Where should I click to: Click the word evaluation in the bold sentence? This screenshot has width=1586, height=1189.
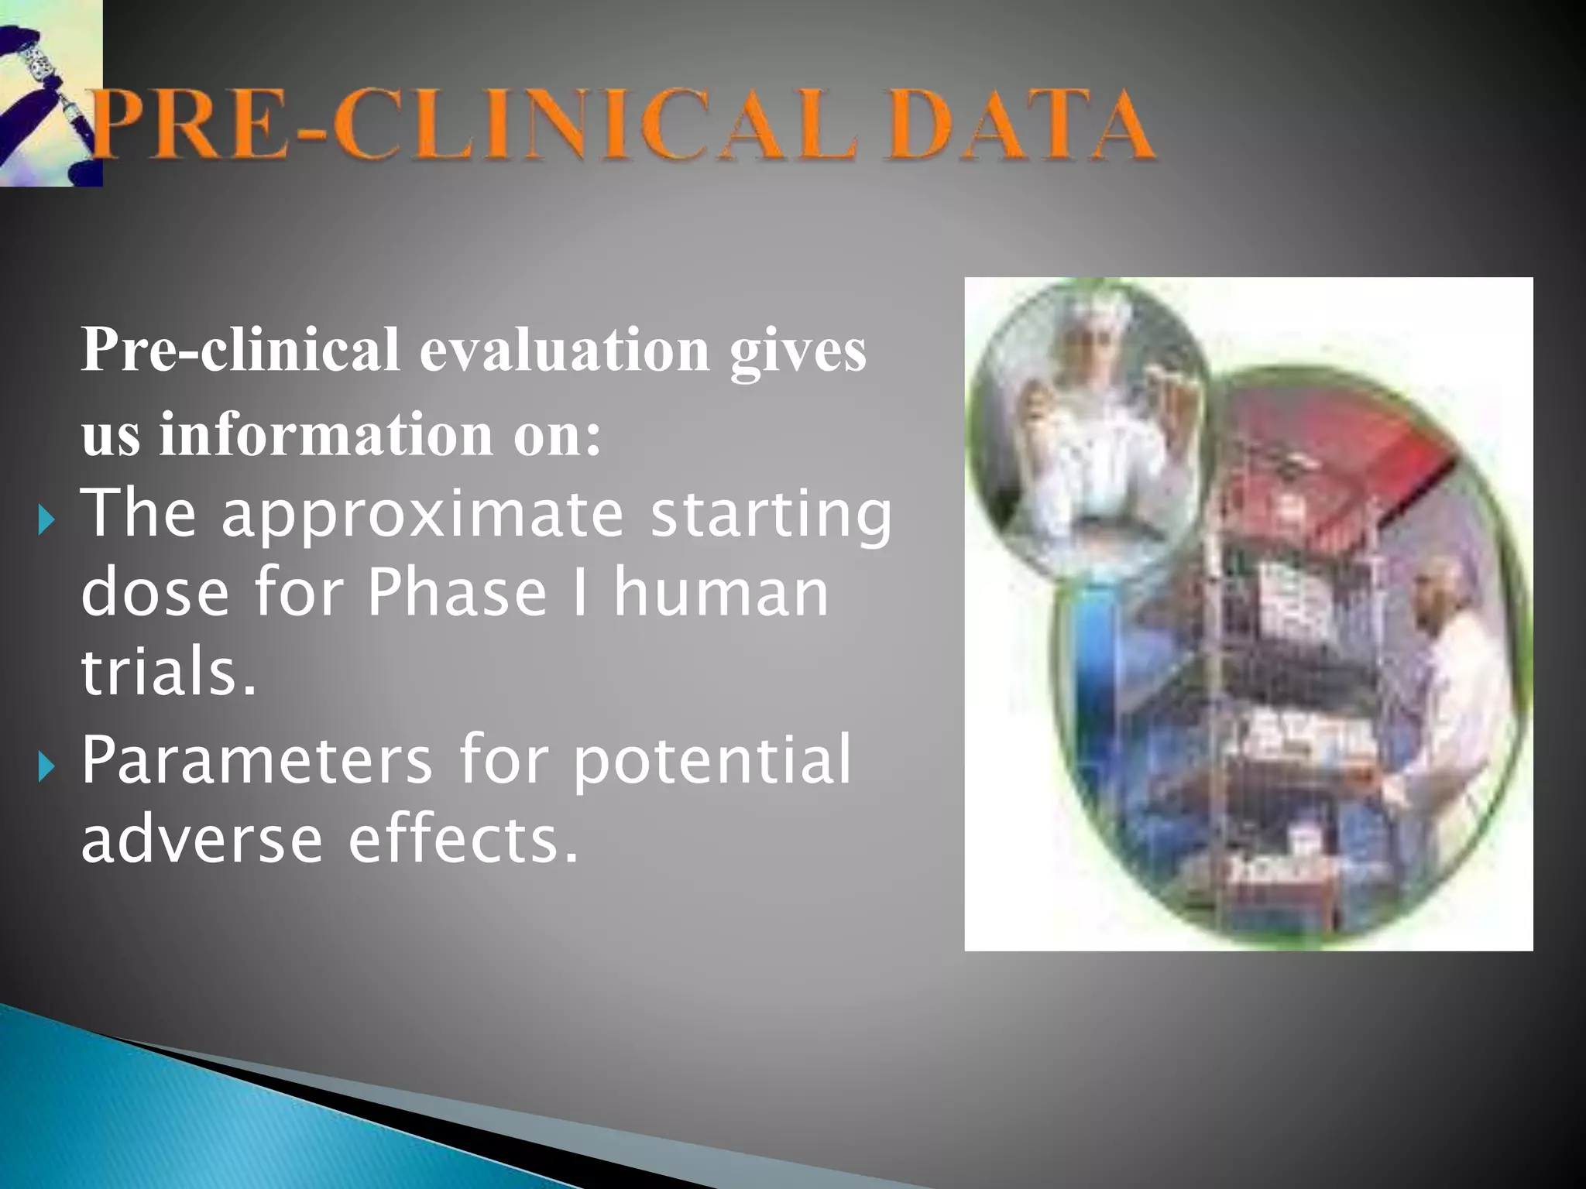point(565,350)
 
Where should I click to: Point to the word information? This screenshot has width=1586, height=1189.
point(326,433)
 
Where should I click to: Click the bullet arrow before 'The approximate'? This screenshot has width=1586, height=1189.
point(46,520)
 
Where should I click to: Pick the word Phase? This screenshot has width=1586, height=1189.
point(457,594)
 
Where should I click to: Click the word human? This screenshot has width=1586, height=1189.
point(721,594)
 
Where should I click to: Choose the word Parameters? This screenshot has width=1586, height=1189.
point(256,761)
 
